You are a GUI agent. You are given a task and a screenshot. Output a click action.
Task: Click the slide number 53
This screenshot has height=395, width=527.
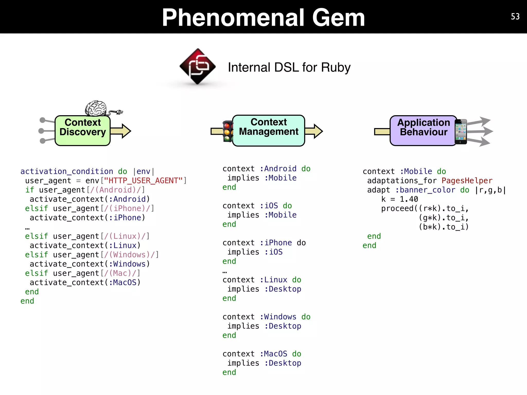(x=515, y=16)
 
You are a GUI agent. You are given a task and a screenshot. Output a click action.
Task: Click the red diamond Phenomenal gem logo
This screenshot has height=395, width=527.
(x=198, y=66)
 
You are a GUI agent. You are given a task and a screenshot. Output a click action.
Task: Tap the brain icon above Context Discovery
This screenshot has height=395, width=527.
(x=96, y=108)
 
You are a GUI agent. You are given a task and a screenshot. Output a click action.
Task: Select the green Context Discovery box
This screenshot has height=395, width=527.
(x=83, y=131)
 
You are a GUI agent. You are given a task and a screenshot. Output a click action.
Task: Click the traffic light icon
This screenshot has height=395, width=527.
(x=227, y=131)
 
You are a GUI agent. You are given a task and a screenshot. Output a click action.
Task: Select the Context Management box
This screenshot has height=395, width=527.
(x=269, y=131)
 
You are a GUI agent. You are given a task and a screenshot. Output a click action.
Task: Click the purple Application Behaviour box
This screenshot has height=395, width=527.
(x=423, y=131)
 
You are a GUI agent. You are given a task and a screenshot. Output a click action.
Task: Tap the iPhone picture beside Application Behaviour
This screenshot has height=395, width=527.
(x=461, y=132)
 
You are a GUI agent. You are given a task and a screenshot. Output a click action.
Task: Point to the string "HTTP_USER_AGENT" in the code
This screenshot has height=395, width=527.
(x=143, y=181)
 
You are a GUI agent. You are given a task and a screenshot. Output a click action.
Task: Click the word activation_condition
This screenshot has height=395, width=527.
(x=67, y=171)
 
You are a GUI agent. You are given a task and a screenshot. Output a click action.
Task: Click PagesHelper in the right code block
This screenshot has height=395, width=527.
(x=467, y=181)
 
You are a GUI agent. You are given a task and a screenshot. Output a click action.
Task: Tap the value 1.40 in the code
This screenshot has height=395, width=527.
(x=409, y=199)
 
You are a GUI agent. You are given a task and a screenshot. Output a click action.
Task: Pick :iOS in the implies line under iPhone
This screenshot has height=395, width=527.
(x=274, y=252)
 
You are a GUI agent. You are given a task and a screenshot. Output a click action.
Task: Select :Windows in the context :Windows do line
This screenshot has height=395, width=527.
(x=278, y=317)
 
